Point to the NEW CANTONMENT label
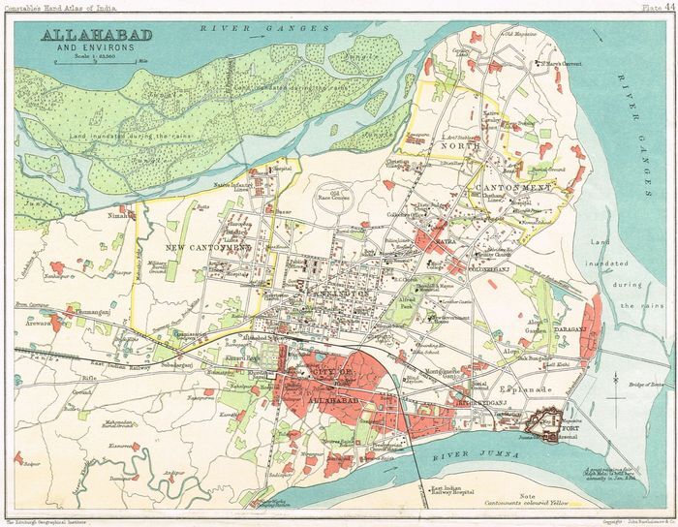209,249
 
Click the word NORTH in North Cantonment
458,148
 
